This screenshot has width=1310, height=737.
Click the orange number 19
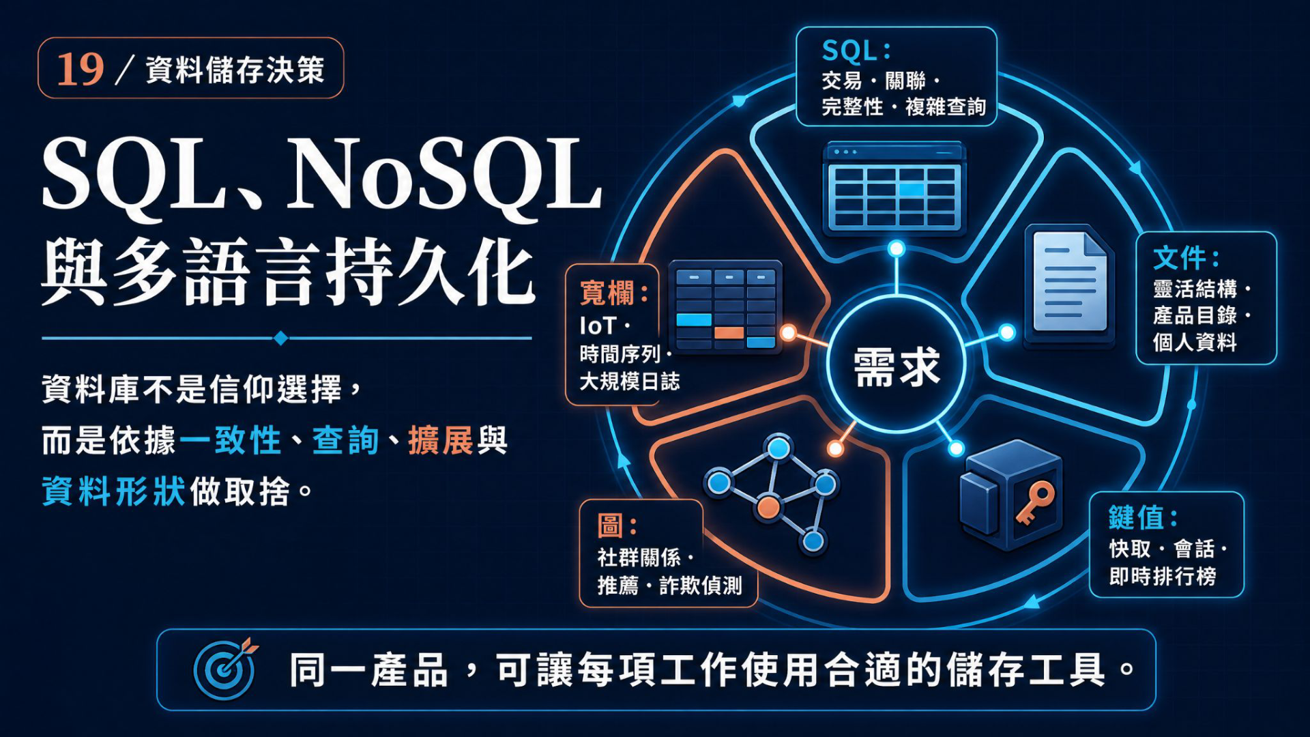click(x=80, y=69)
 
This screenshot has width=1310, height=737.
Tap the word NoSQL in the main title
click(x=446, y=174)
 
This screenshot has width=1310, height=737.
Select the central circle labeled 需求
click(x=896, y=364)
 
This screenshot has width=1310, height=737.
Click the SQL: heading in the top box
click(x=856, y=51)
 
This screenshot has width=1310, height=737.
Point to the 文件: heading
click(x=1186, y=258)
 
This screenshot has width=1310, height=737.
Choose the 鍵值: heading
click(x=1143, y=518)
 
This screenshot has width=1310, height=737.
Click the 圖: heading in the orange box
click(x=617, y=526)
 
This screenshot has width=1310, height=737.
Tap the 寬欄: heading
click(x=614, y=293)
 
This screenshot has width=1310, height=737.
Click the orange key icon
click(x=1035, y=502)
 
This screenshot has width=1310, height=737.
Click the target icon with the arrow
click(x=226, y=669)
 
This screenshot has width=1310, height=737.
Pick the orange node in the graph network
click(x=768, y=508)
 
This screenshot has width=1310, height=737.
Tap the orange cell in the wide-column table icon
click(x=729, y=332)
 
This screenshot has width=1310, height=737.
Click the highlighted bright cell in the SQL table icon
click(x=911, y=189)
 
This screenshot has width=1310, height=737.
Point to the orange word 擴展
click(x=441, y=440)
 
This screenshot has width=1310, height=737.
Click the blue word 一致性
click(x=231, y=440)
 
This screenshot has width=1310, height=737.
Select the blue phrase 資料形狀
click(x=113, y=491)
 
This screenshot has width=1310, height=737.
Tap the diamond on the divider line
click(x=280, y=338)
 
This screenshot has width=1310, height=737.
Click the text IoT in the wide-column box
click(x=598, y=326)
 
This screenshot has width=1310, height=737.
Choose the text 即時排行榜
click(x=1163, y=577)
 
